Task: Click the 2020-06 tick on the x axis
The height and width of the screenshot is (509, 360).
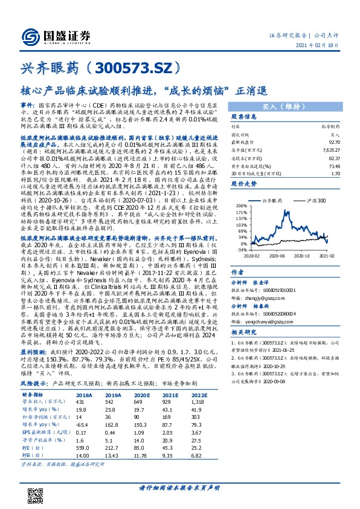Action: tap(277, 256)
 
